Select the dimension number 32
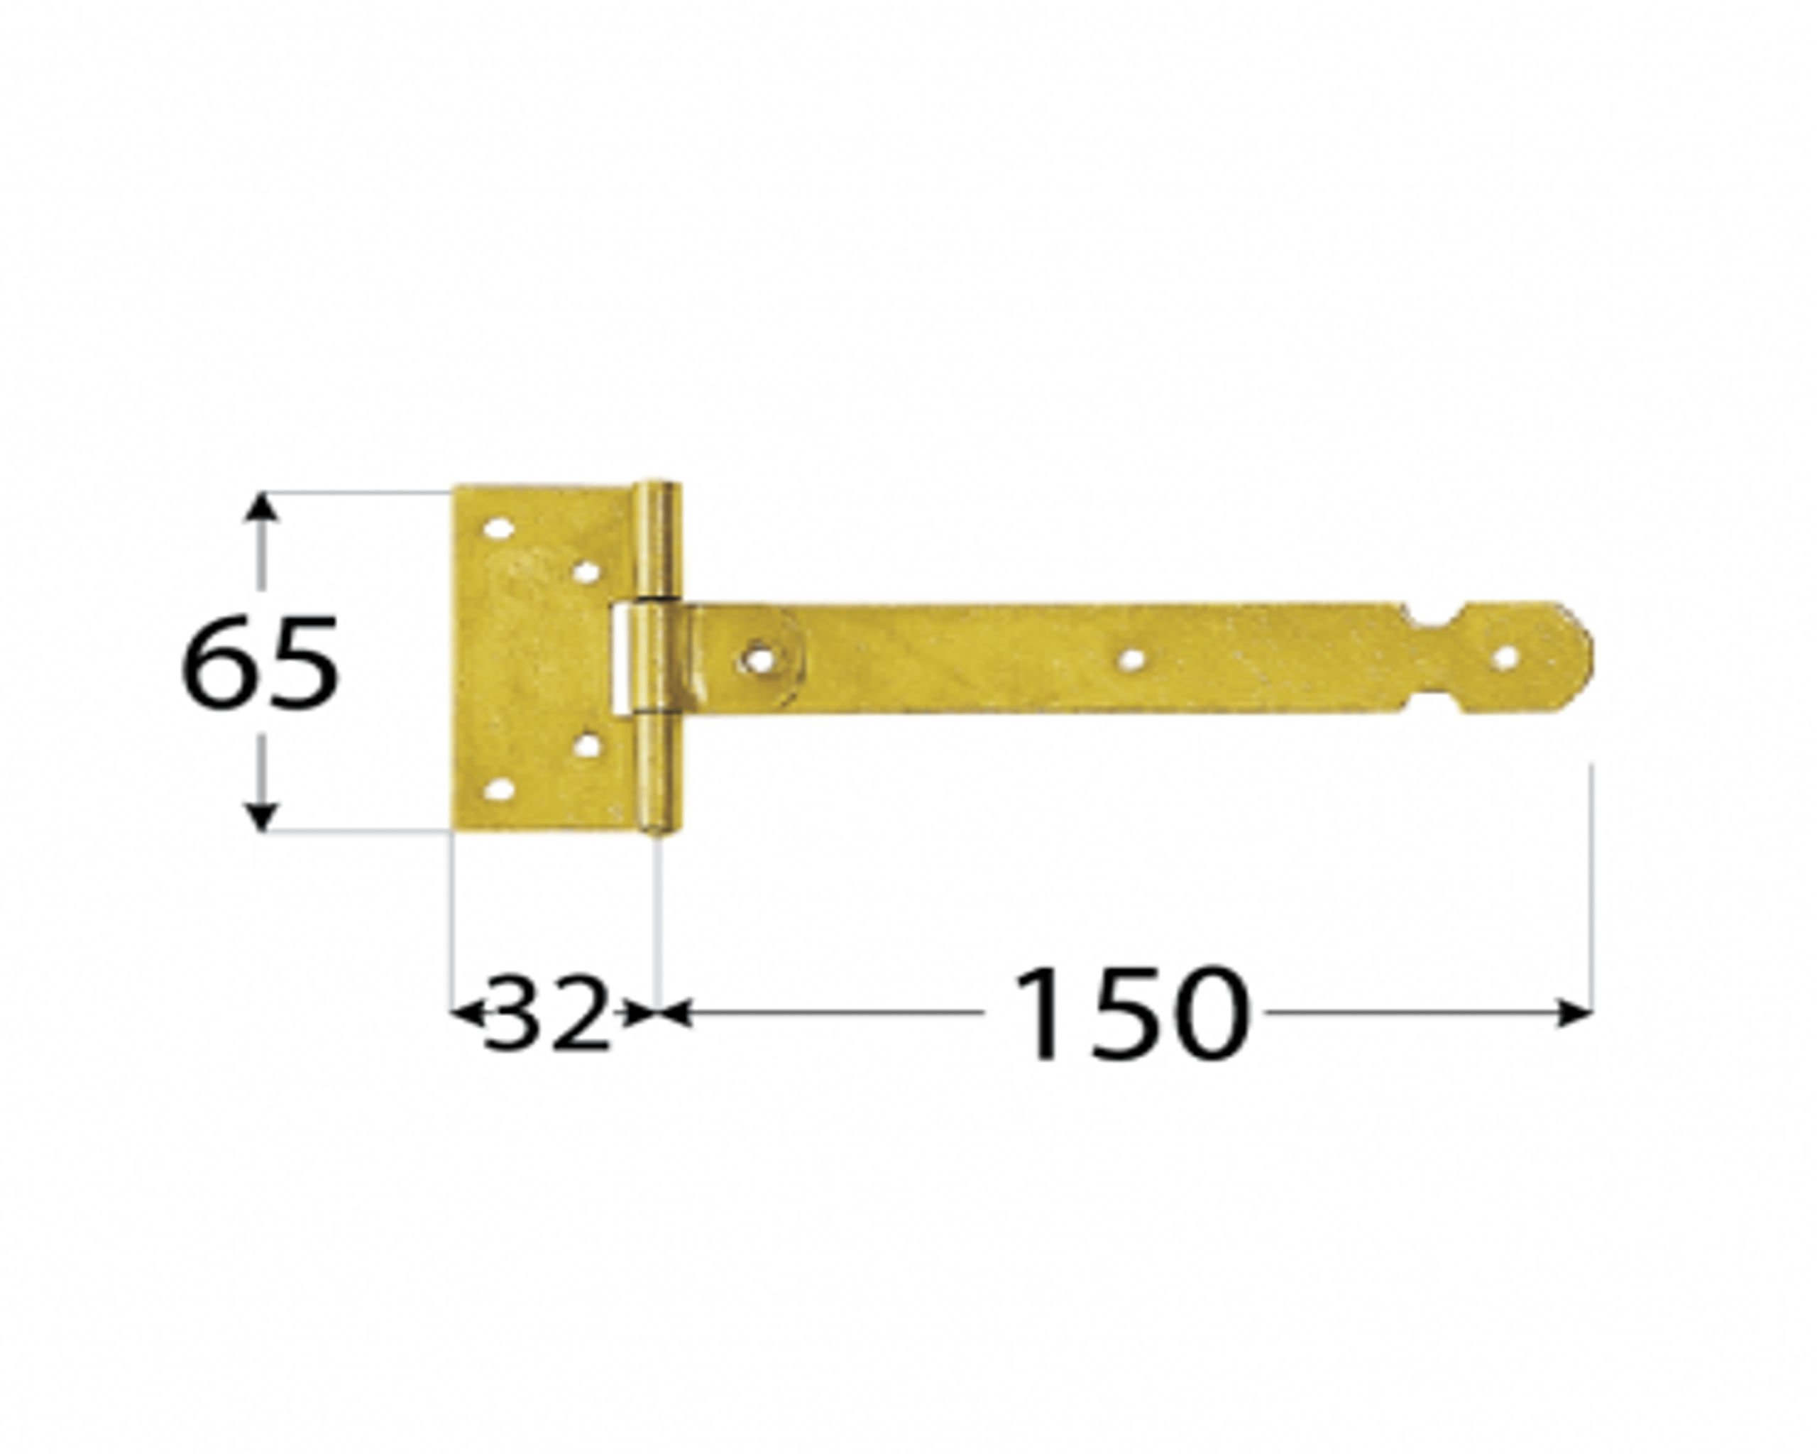point(546,1015)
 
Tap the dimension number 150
point(1129,1013)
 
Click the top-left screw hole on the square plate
point(498,530)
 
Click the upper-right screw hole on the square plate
point(588,573)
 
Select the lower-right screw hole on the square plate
point(588,745)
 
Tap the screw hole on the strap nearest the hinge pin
point(759,658)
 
